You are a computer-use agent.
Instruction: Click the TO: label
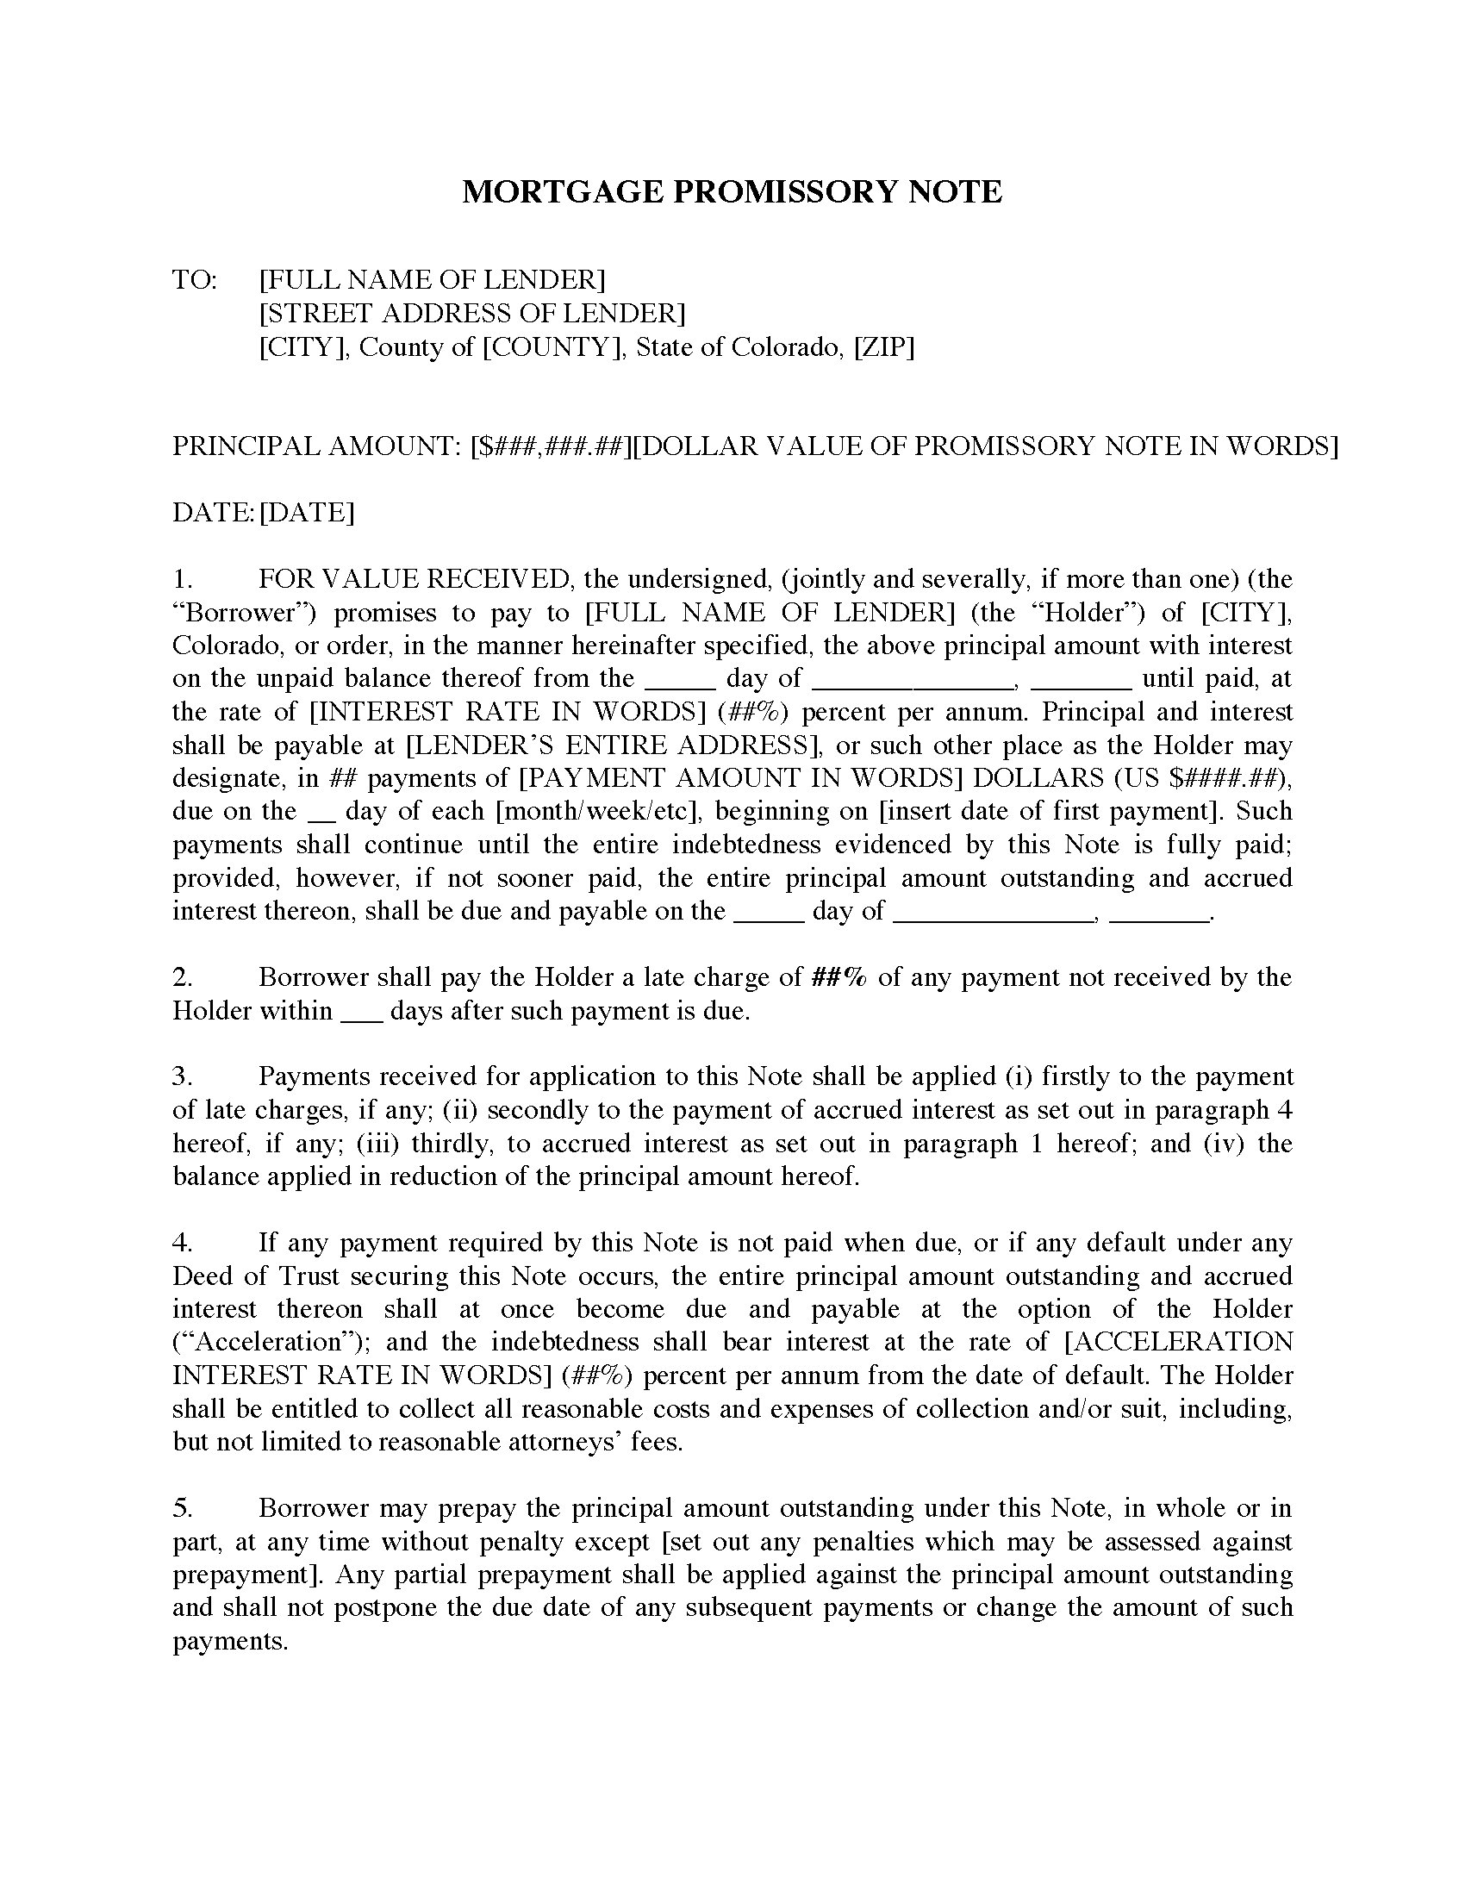(x=196, y=279)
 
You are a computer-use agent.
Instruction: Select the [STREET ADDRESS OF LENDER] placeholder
(x=472, y=313)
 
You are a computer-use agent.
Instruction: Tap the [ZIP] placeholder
(x=884, y=347)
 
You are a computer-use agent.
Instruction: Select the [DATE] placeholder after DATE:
(x=308, y=512)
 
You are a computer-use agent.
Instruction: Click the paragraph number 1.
(x=181, y=579)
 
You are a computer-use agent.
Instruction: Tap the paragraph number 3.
(x=181, y=1076)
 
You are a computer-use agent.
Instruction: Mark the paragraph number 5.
(x=181, y=1508)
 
